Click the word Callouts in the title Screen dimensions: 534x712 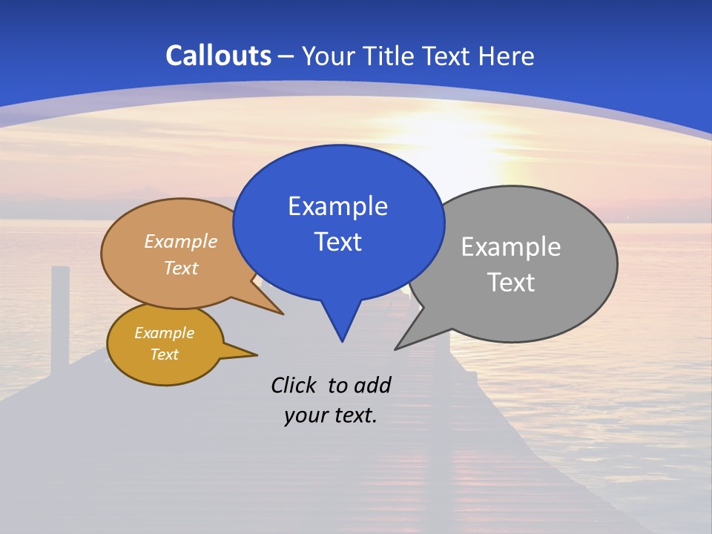(218, 56)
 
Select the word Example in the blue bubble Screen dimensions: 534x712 (337, 206)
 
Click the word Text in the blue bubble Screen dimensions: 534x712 (337, 242)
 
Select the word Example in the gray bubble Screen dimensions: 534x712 (510, 247)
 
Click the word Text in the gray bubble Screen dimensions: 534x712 (510, 283)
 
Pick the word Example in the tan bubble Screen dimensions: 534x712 (180, 242)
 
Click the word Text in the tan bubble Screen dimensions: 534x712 (180, 268)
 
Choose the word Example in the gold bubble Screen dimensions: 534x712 (164, 333)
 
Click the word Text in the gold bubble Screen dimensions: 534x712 (164, 355)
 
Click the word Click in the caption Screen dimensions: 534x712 (294, 385)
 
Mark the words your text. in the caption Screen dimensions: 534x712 (330, 416)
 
